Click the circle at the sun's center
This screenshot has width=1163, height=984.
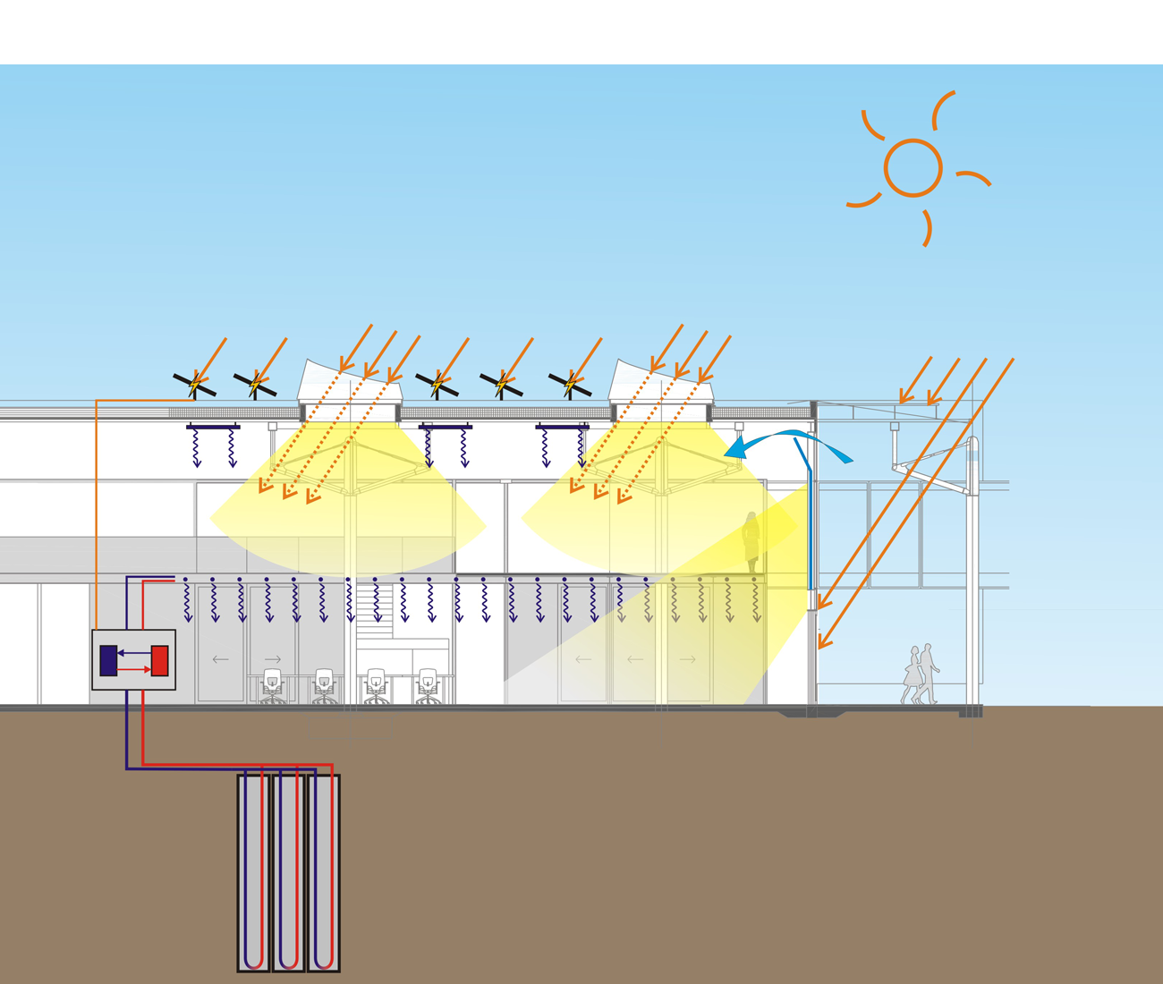pyautogui.click(x=913, y=168)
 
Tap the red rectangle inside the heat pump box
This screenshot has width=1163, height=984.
pyautogui.click(x=160, y=661)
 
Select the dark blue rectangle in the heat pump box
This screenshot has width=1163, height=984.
pyautogui.click(x=108, y=660)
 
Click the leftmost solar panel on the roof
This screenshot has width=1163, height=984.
pyautogui.click(x=193, y=386)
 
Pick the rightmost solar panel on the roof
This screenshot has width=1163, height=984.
pyautogui.click(x=570, y=386)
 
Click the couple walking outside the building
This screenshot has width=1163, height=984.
pyautogui.click(x=921, y=674)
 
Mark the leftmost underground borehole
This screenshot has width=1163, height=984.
pyautogui.click(x=253, y=872)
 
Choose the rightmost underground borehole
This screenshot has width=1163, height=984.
pyautogui.click(x=324, y=872)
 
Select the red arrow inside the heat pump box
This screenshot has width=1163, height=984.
pyautogui.click(x=134, y=669)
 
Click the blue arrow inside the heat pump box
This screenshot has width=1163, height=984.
pyautogui.click(x=134, y=653)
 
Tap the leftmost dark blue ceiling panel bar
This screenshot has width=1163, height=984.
pyautogui.click(x=213, y=428)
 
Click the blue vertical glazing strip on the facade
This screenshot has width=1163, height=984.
pyautogui.click(x=811, y=528)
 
